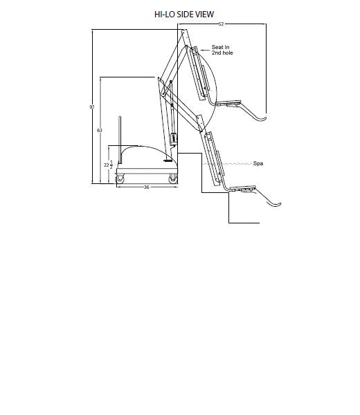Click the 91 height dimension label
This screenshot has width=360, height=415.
(92, 107)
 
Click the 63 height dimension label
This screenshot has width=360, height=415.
(100, 130)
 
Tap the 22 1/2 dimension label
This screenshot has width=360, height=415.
(108, 165)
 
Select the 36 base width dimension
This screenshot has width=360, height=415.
(147, 187)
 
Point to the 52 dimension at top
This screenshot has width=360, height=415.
(221, 24)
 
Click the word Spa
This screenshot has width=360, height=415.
(258, 163)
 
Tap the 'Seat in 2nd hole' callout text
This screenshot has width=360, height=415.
(222, 50)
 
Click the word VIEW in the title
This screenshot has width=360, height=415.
(205, 15)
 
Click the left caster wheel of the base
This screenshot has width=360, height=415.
(120, 179)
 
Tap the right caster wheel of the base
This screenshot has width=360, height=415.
(173, 179)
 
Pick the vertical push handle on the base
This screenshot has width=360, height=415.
(120, 140)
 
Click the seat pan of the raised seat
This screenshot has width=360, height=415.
(228, 102)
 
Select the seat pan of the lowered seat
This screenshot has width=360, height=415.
(242, 188)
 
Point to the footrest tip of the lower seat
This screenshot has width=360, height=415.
(280, 204)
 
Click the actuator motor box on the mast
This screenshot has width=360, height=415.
(174, 139)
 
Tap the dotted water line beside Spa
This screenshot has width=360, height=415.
(227, 164)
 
